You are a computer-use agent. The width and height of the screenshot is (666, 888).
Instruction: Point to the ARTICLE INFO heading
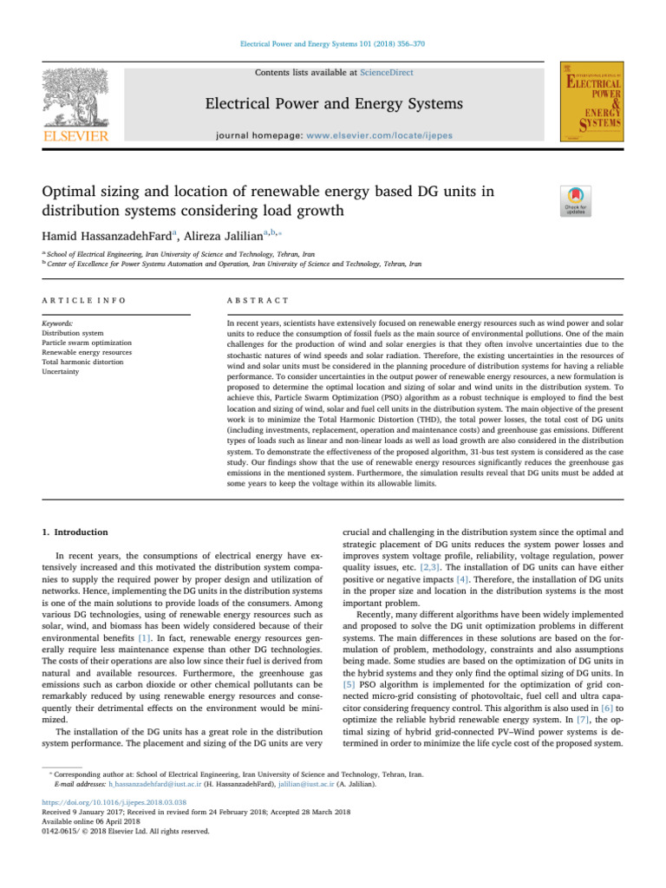[x=84, y=299]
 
